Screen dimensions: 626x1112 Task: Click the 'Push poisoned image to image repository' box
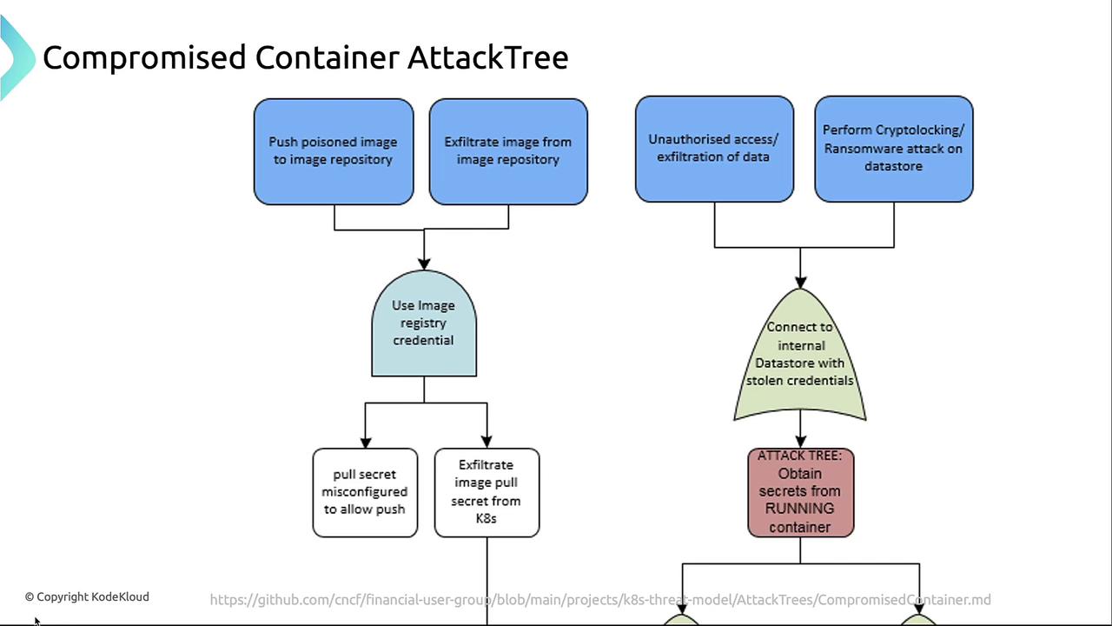click(x=334, y=151)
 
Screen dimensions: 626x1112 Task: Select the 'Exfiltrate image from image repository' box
click(x=508, y=151)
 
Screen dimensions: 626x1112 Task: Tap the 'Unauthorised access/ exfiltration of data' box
click(x=714, y=149)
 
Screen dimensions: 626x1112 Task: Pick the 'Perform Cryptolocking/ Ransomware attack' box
click(x=893, y=149)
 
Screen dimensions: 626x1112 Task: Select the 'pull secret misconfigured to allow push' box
click(x=365, y=492)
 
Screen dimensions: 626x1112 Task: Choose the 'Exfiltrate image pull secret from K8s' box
click(x=486, y=492)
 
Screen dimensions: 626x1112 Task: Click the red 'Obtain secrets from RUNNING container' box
click(x=800, y=492)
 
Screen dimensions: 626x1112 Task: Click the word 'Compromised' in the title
click(x=144, y=58)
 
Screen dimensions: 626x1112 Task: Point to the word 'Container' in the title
click(x=327, y=58)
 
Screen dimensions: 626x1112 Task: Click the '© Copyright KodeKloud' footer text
click(x=87, y=596)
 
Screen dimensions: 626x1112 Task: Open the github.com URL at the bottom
click(x=599, y=600)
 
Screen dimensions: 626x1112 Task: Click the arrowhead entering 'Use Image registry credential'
click(x=424, y=263)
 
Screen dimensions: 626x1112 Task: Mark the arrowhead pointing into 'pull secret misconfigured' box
click(x=365, y=441)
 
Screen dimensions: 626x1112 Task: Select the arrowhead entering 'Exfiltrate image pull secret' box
click(x=486, y=441)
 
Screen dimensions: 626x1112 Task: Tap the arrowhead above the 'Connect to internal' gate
click(x=800, y=281)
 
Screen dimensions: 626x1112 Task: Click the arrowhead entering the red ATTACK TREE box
click(x=800, y=441)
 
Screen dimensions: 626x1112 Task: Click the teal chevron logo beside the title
click(x=16, y=57)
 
